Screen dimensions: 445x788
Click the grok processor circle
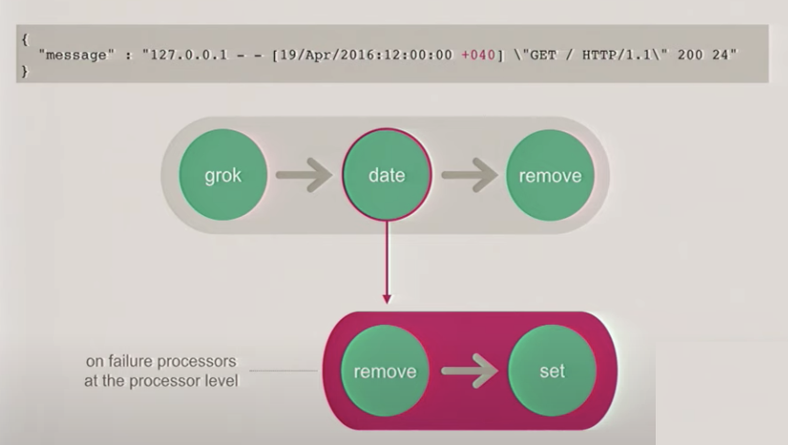coord(223,176)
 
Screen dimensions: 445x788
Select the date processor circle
coord(386,176)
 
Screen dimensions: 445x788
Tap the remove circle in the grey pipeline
coord(551,176)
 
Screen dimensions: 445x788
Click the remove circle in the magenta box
coord(385,371)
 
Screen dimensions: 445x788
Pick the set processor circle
coord(552,371)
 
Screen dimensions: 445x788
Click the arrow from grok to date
coord(305,176)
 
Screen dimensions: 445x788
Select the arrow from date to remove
coord(469,176)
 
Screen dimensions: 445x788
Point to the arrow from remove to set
coord(468,371)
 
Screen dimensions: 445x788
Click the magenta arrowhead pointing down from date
coord(386,299)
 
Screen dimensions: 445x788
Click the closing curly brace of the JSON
coord(23,71)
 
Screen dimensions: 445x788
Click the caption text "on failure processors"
coord(159,361)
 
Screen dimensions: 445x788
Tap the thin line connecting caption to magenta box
coord(286,371)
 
